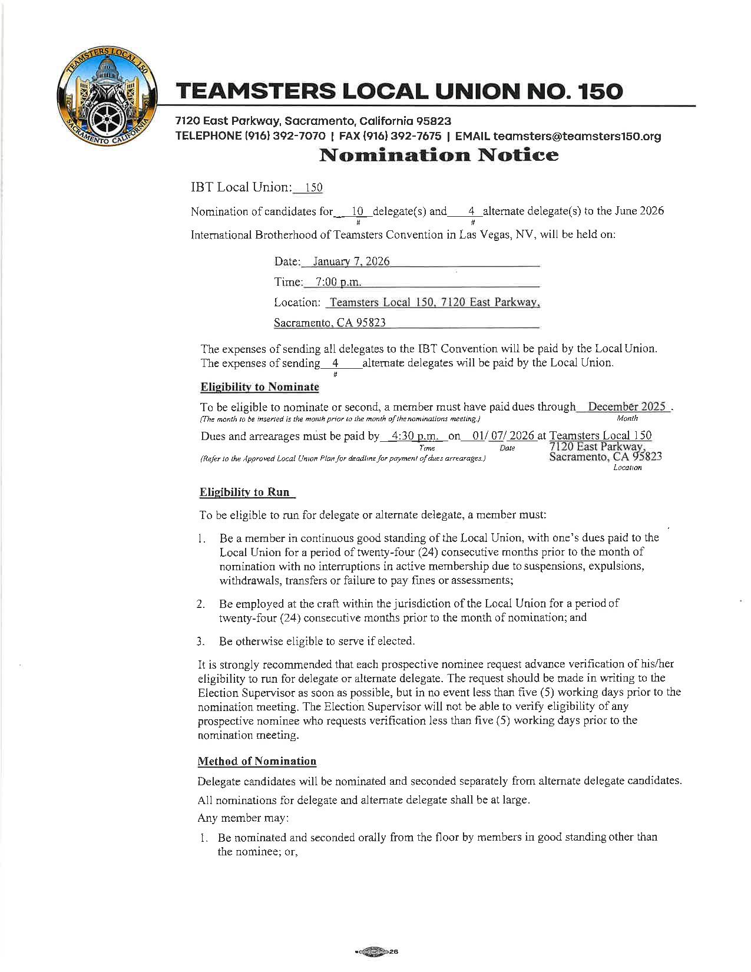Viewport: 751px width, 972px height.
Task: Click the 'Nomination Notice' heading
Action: (438, 156)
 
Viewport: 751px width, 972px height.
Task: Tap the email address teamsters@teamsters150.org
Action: (577, 137)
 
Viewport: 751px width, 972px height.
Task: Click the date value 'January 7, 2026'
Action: (351, 262)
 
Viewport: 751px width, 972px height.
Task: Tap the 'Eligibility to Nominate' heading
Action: (260, 387)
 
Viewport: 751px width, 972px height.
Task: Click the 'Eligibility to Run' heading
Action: (244, 492)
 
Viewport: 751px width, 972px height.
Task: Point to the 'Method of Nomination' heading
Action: (257, 761)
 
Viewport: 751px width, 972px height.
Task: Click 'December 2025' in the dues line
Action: (627, 407)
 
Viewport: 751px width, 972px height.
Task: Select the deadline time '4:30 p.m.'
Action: (412, 437)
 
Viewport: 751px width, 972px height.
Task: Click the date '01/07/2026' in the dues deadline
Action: (504, 437)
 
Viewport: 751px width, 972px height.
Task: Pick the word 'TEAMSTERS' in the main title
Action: (256, 91)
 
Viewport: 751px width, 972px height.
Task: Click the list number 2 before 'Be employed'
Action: (201, 604)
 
